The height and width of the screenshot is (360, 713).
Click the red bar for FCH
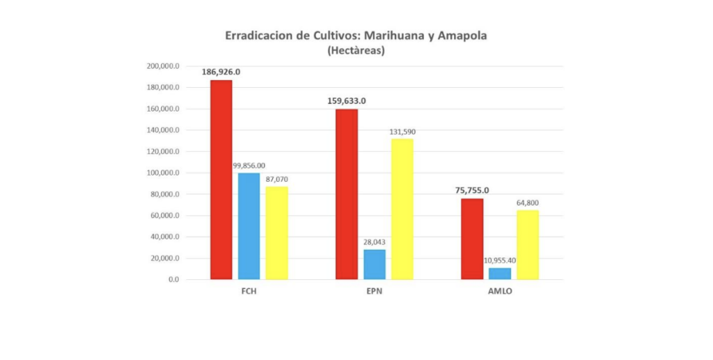(221, 180)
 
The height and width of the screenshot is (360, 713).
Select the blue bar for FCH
(249, 226)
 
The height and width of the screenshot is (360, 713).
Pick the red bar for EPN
(347, 194)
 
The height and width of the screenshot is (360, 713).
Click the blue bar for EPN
(375, 265)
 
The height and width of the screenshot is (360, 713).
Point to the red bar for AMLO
(472, 239)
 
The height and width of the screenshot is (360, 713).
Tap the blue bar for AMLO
(499, 274)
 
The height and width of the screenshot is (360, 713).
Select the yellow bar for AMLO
(527, 244)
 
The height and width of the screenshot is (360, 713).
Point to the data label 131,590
(402, 132)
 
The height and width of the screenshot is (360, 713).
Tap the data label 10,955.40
(499, 260)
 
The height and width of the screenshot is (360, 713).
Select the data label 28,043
(375, 242)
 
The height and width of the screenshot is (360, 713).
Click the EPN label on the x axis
(374, 292)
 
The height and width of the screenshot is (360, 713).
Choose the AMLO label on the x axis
(499, 292)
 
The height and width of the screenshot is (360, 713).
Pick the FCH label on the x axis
(249, 292)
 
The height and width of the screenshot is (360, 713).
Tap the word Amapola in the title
(458, 36)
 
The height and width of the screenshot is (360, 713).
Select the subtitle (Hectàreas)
(356, 50)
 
